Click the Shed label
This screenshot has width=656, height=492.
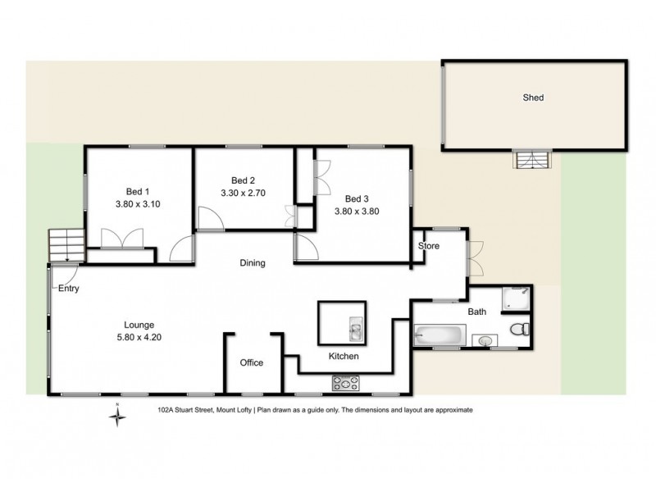[533, 98]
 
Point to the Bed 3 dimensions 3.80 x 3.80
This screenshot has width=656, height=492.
[356, 211]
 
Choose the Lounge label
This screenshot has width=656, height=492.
[134, 324]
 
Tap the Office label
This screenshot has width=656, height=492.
[251, 362]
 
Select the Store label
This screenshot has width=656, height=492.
[430, 246]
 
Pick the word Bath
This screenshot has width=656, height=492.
[476, 312]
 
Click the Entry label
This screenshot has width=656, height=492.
[68, 289]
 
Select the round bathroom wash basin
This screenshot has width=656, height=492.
[485, 339]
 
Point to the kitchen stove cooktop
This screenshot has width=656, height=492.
[347, 381]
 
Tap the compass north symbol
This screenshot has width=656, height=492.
[117, 416]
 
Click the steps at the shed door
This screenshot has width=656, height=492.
[528, 161]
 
